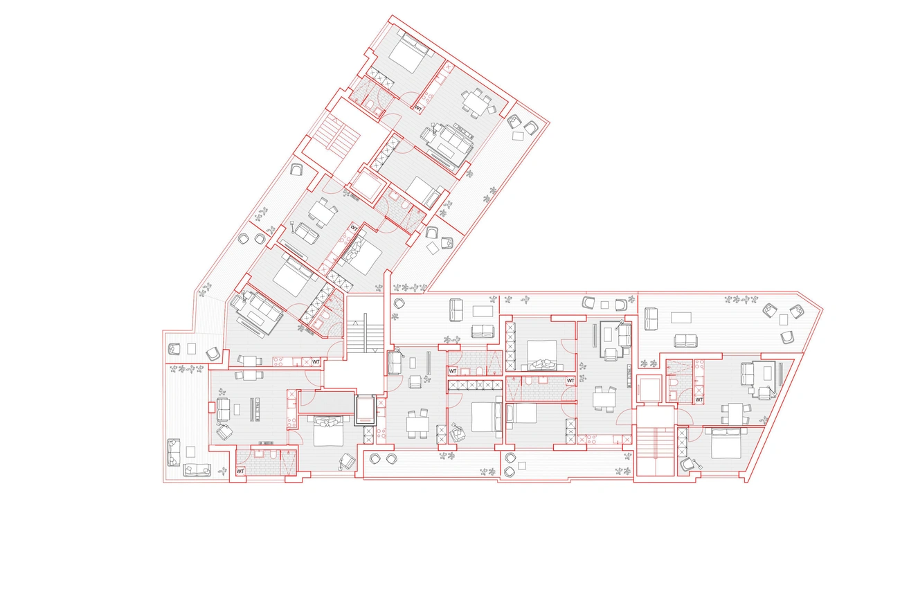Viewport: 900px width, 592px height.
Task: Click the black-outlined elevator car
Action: [366, 410]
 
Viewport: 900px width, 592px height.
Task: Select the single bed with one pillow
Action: [522, 413]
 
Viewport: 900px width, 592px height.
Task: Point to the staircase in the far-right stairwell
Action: [656, 451]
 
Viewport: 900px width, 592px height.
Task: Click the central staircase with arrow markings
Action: [366, 333]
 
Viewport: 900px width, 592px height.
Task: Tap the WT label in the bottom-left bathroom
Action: [240, 471]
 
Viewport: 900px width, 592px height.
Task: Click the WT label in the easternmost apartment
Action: [699, 400]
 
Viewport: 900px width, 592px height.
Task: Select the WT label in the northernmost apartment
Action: [418, 108]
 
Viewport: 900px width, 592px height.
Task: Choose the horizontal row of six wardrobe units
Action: [476, 385]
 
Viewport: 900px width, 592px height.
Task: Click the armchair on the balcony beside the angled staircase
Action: [296, 170]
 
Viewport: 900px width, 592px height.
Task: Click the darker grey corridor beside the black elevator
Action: [326, 402]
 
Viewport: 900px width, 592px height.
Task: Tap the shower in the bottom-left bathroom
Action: [288, 463]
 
